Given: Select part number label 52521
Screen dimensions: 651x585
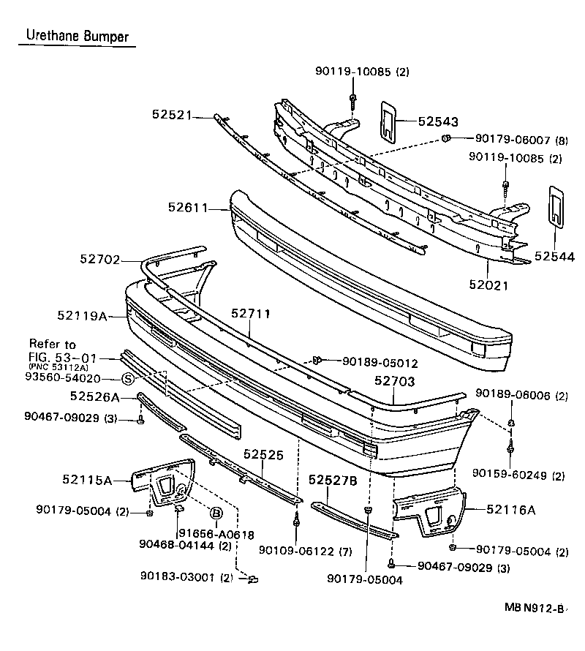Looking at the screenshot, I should [172, 114].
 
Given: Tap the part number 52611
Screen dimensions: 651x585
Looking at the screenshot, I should [187, 208].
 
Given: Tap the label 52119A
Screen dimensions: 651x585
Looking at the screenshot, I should [82, 316].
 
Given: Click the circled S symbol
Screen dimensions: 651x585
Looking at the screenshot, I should [127, 379].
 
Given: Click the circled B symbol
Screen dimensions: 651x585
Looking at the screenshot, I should [216, 513].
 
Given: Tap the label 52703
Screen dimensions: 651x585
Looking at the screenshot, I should [395, 381].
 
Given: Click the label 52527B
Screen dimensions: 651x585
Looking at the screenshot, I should [333, 480].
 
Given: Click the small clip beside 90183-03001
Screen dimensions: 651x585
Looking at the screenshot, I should [253, 579].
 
